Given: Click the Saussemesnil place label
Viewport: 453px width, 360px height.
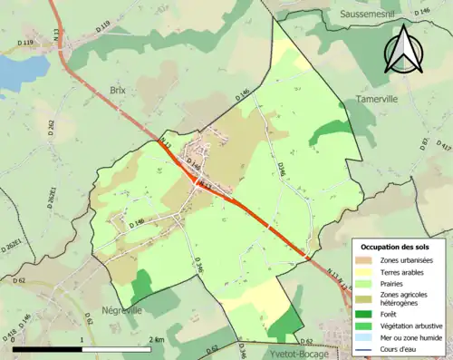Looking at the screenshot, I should point(372,15).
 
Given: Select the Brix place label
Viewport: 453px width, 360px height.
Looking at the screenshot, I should point(118,92).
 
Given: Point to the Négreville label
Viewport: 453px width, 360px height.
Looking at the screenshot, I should point(125,309).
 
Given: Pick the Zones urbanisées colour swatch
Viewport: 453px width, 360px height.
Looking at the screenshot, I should point(365,261).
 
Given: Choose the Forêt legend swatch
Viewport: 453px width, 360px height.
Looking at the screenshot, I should point(365,314).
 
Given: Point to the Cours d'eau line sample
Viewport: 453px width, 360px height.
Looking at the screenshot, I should point(365,350).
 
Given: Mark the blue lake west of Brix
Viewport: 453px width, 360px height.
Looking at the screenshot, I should point(18,71).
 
